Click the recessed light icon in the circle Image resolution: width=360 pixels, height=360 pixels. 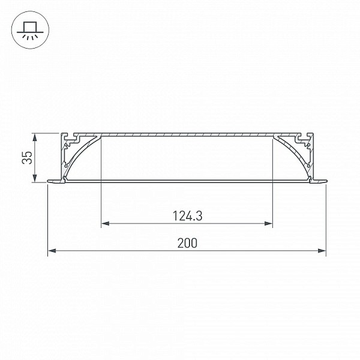pyautogui.click(x=30, y=30)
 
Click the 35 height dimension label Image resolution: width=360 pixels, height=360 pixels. pyautogui.click(x=27, y=157)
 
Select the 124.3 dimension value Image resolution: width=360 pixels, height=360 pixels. pyautogui.click(x=187, y=216)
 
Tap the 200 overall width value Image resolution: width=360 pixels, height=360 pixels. pyautogui.click(x=187, y=243)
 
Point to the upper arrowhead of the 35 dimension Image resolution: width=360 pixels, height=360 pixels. pyautogui.click(x=35, y=138)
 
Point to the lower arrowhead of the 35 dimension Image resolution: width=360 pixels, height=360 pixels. pyautogui.click(x=35, y=178)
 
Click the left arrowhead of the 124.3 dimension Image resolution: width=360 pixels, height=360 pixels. pyautogui.click(x=106, y=223)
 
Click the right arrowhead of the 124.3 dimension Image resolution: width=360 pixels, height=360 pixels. pyautogui.click(x=268, y=223)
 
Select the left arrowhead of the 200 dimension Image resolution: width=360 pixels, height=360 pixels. pyautogui.click(x=52, y=250)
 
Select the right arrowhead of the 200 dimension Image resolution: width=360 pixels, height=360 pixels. pyautogui.click(x=322, y=250)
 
